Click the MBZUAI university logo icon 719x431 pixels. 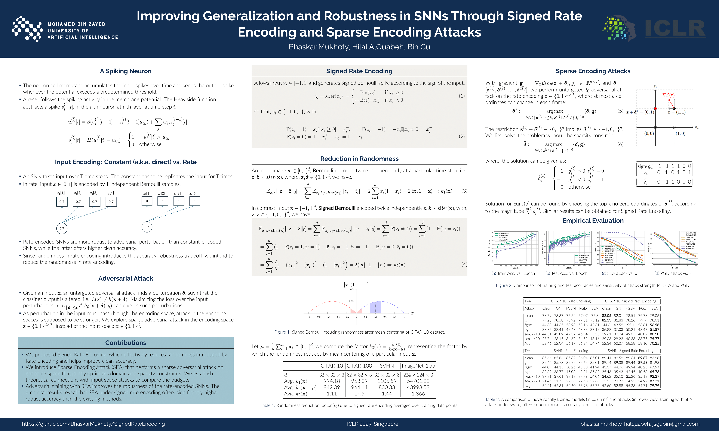[27, 29]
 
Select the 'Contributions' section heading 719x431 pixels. [126, 343]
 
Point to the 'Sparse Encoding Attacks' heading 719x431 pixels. [593, 71]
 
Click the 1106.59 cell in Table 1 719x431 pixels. [387, 381]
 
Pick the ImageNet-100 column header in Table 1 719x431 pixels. [418, 366]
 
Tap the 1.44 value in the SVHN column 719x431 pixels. [387, 394]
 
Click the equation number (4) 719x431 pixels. [464, 265]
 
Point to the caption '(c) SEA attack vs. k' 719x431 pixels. [619, 273]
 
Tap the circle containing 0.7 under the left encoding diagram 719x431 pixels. [62, 228]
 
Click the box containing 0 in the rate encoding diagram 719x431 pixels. [147, 201]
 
